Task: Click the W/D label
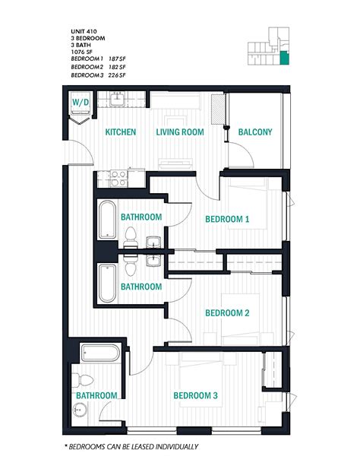click(80, 101)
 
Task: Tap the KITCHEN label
click(121, 132)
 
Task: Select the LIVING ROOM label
click(181, 132)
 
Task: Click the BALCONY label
click(255, 132)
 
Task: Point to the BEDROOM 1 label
click(227, 219)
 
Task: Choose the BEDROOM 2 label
click(227, 312)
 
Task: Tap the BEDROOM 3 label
click(196, 395)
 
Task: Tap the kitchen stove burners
click(118, 178)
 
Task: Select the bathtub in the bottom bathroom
click(99, 353)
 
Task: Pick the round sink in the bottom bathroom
click(77, 411)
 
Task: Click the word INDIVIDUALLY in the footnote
click(173, 447)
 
